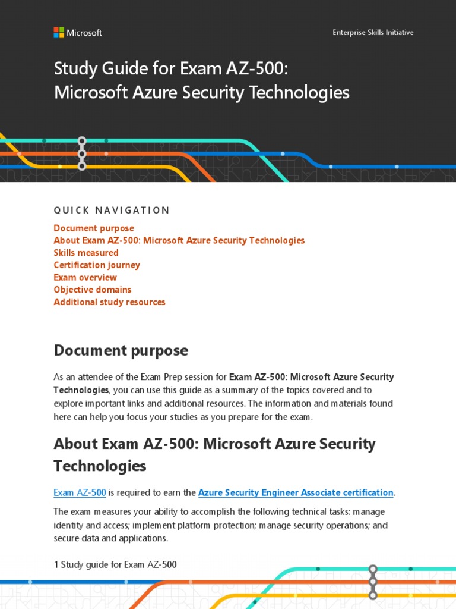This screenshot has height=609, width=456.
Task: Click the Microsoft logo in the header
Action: (x=77, y=33)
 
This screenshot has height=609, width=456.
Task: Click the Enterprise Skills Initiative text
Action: (x=373, y=33)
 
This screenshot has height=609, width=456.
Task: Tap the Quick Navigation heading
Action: (x=112, y=210)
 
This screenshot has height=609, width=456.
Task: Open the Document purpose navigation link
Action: (x=94, y=228)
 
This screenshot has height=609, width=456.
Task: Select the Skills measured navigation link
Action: (x=86, y=253)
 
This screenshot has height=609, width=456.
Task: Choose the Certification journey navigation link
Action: (x=97, y=265)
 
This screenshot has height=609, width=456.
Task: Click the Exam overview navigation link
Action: (x=85, y=278)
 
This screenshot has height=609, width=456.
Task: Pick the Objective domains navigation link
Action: (x=93, y=290)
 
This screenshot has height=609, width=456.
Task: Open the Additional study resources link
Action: (x=109, y=302)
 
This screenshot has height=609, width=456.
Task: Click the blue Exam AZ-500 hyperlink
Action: (x=80, y=492)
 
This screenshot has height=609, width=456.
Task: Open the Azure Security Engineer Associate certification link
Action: (x=296, y=492)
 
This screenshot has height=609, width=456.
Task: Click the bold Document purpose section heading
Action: (x=121, y=351)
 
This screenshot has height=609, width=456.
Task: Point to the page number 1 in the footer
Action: (x=56, y=565)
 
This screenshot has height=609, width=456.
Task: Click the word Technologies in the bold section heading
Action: (x=100, y=466)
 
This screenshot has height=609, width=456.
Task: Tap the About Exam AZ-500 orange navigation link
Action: (x=179, y=241)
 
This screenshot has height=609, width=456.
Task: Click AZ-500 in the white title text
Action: (x=257, y=69)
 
